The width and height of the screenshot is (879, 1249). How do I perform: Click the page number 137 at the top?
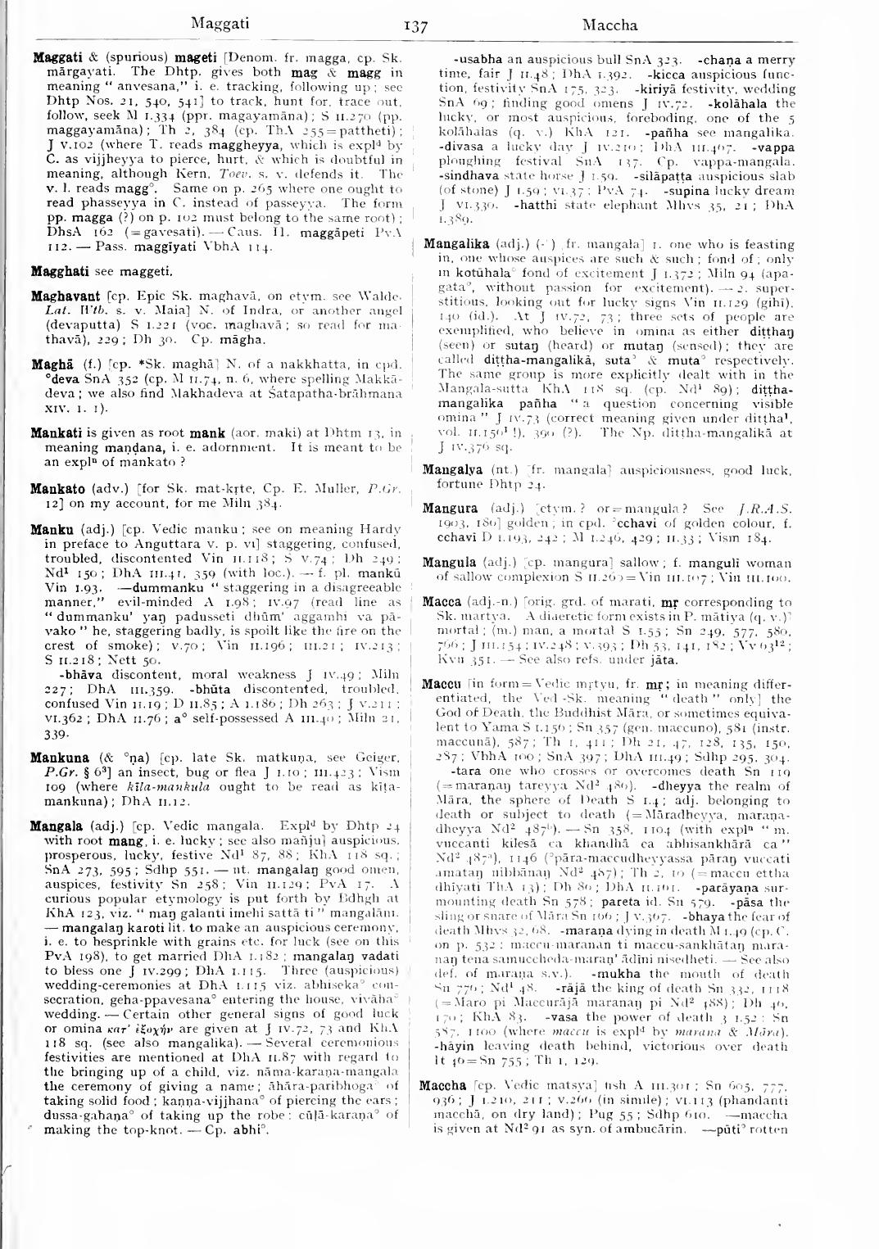(x=416, y=27)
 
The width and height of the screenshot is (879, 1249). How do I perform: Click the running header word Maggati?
(x=220, y=24)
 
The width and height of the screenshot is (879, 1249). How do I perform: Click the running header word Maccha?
(x=609, y=25)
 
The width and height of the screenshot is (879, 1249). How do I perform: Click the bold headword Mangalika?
(x=457, y=244)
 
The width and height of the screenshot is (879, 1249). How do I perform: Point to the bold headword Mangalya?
(x=453, y=470)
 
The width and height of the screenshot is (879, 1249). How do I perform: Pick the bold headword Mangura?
(x=451, y=509)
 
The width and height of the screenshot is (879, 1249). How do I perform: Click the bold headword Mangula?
(x=449, y=563)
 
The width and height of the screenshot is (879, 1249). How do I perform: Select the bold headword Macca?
(x=442, y=602)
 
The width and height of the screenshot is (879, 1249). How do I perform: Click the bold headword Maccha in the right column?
(x=443, y=1086)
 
